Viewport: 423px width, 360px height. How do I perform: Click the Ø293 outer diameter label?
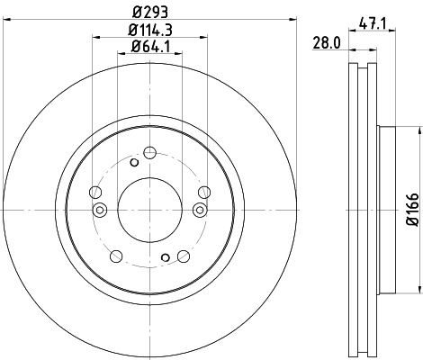(x=149, y=13)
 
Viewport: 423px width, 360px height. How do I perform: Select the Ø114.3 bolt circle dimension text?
(x=149, y=30)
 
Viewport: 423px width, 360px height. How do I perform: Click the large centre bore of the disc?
(x=149, y=210)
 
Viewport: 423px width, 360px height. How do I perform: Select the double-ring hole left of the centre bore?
(x=100, y=211)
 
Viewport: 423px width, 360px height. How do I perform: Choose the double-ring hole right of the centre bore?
(x=199, y=211)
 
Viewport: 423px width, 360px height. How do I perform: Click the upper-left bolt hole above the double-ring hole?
(x=95, y=190)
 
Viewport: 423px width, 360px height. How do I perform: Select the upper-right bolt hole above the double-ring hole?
(x=204, y=190)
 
